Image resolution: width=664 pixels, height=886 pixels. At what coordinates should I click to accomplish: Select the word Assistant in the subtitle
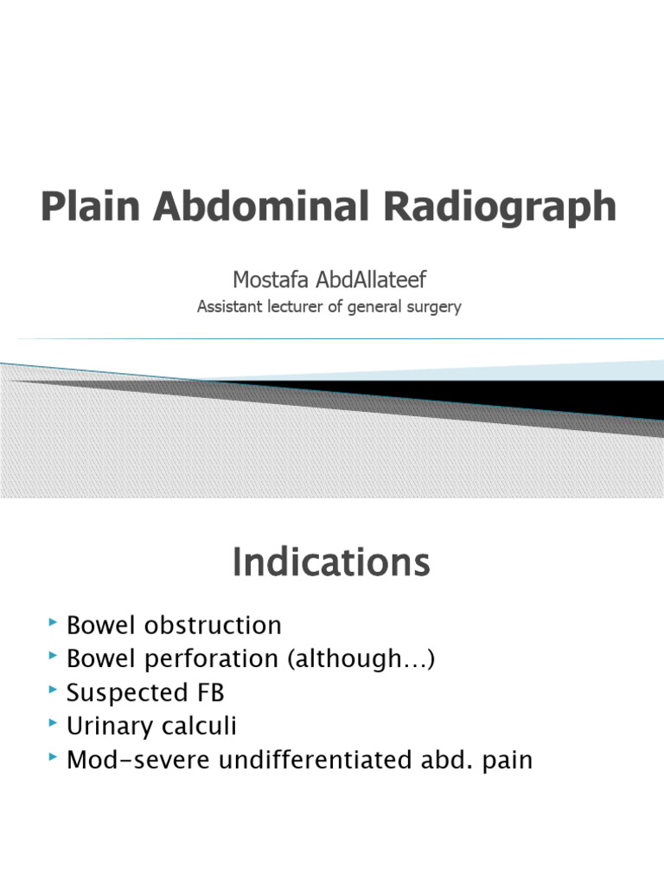click(x=231, y=306)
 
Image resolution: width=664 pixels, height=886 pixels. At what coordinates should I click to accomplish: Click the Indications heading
click(x=331, y=563)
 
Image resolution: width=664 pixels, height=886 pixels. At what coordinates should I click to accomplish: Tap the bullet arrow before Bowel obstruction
click(x=54, y=623)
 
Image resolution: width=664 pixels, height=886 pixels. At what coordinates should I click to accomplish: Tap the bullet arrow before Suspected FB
click(x=54, y=690)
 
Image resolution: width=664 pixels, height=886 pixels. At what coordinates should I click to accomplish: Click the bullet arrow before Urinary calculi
click(x=54, y=724)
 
